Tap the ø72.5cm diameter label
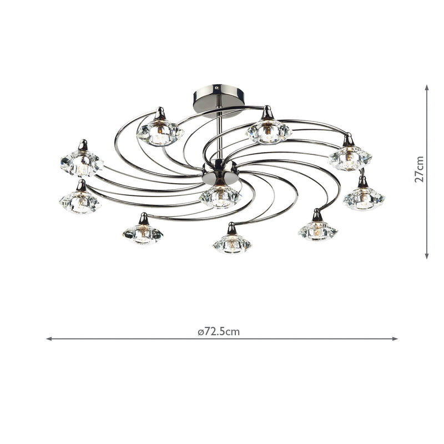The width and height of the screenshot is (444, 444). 219,332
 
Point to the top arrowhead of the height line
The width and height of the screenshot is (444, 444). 427,87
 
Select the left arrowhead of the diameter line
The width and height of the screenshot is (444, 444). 49,338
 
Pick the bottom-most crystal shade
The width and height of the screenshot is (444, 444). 231,243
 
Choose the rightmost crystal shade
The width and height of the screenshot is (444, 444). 364,198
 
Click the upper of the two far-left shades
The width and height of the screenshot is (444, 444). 82,164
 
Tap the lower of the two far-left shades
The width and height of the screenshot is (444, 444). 80,202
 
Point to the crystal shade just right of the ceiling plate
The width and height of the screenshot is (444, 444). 269,132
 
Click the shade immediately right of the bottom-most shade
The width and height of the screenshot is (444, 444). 318,230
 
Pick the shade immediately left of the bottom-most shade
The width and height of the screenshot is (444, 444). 143,234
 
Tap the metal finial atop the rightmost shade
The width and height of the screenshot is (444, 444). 362,181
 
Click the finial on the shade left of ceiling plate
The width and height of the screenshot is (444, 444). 160,114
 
